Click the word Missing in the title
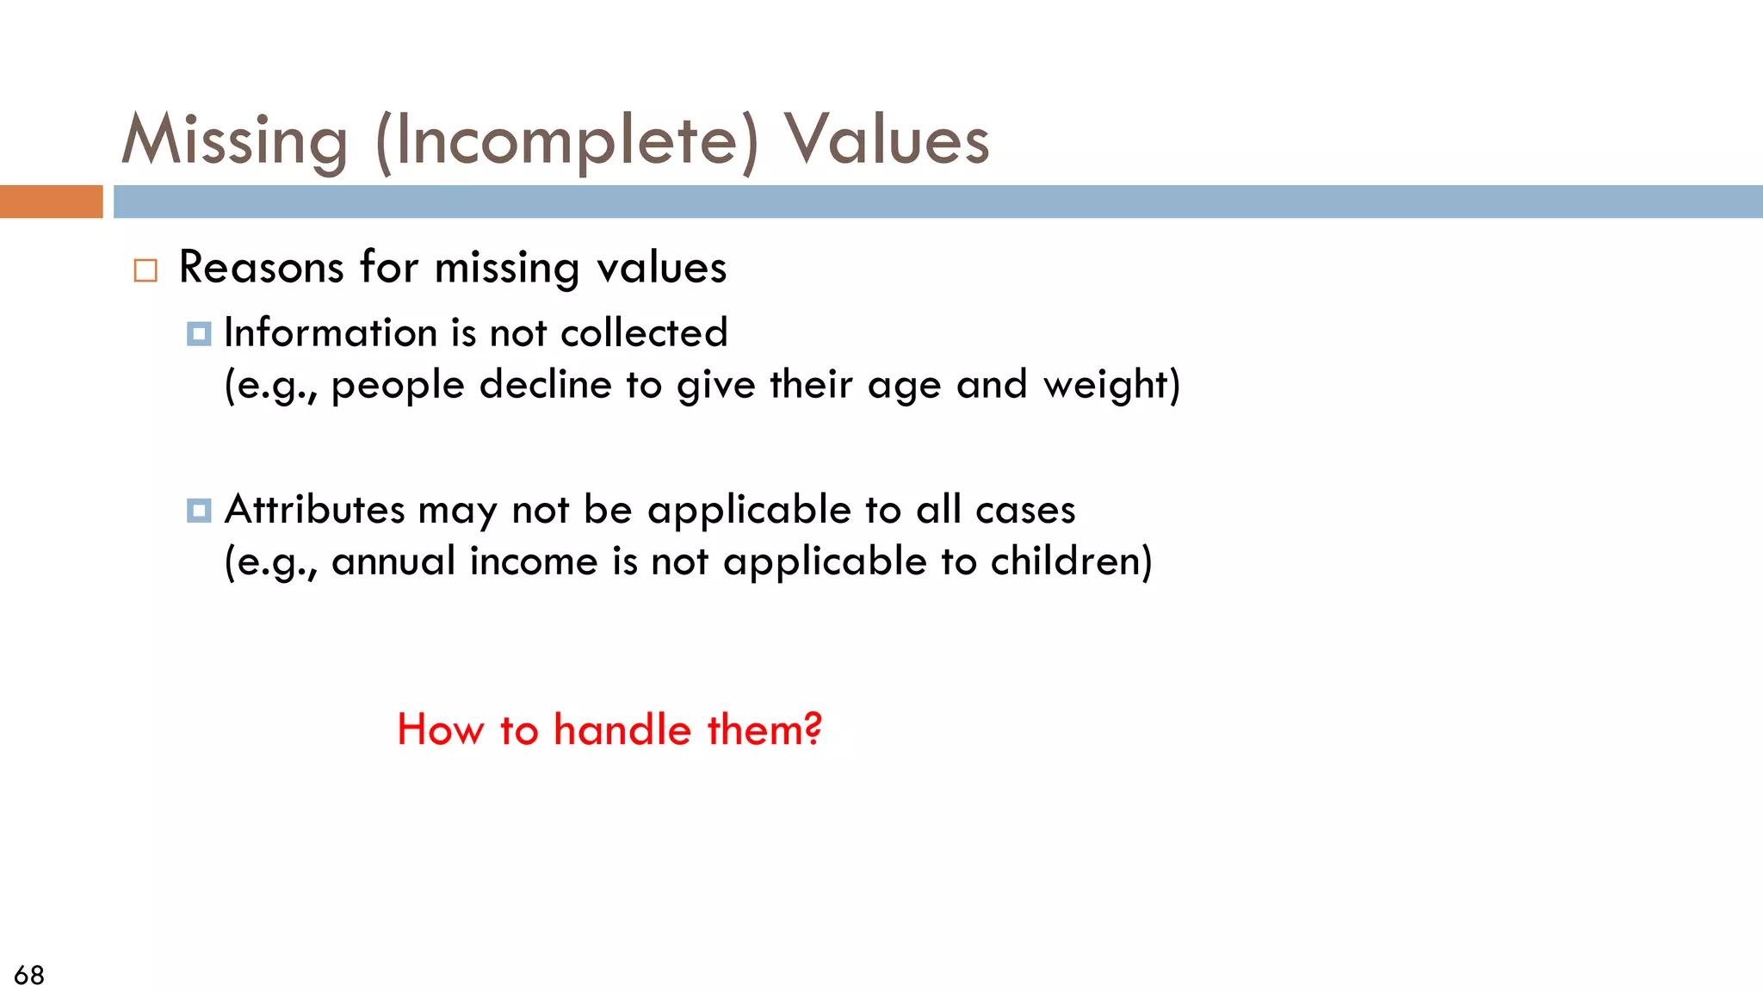(x=234, y=140)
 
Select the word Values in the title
(x=886, y=140)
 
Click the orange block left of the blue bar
(x=51, y=201)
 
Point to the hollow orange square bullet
(x=145, y=270)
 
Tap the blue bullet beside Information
(x=199, y=334)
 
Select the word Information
(x=331, y=333)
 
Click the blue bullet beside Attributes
(x=199, y=511)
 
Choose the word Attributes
(x=314, y=510)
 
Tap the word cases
(x=1025, y=510)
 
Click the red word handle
(x=622, y=730)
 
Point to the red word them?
(x=764, y=730)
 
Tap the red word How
(x=440, y=730)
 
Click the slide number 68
(x=29, y=975)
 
